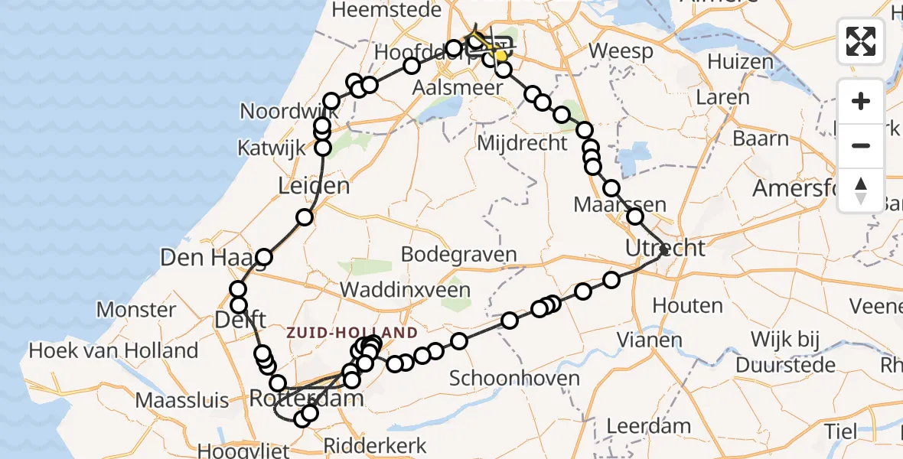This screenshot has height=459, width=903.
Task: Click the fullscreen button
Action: (x=861, y=41)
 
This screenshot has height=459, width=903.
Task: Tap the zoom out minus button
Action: (x=861, y=145)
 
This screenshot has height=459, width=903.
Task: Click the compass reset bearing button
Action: (x=861, y=190)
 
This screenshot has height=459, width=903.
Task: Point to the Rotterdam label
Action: (x=305, y=399)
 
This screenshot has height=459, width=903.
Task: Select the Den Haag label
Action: (x=204, y=257)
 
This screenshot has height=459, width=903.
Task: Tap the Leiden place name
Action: (x=315, y=185)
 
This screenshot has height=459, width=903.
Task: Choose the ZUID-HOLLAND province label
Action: (x=352, y=333)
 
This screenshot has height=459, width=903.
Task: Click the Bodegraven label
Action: (x=458, y=255)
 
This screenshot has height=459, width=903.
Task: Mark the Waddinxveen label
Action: (x=405, y=290)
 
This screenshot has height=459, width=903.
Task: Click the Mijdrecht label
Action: (x=523, y=142)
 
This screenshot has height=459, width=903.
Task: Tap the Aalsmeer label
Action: (x=458, y=87)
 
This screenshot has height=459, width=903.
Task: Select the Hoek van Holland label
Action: (x=113, y=351)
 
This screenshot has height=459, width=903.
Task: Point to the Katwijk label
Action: (x=272, y=147)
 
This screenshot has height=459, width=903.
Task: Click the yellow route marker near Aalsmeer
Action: (x=501, y=55)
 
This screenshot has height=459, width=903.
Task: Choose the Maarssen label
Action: (x=620, y=204)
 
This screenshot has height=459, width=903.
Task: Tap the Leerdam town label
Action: (x=648, y=426)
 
